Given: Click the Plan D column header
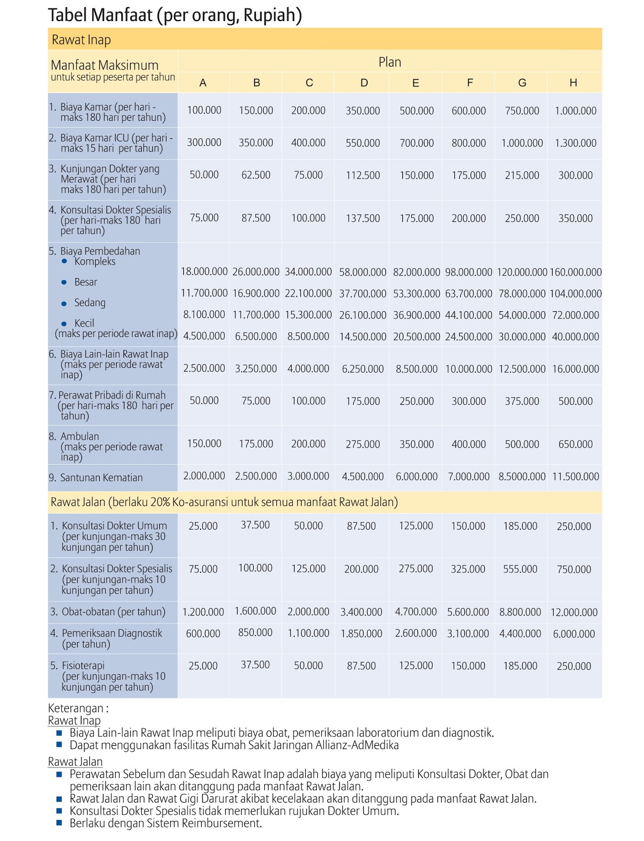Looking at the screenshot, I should coord(364,83).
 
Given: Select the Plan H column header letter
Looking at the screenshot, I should coord(573,83).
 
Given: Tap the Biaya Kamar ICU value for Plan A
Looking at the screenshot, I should coord(204,142).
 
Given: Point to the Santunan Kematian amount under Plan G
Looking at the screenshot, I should coord(522,477).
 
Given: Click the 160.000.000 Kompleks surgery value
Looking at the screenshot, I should coord(575,272).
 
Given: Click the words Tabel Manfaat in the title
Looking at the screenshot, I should coord(100,15).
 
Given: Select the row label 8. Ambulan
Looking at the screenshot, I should coord(79,437).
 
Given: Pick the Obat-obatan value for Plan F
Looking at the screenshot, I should coord(468,612).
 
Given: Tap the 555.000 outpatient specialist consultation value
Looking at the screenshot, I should coord(520,569).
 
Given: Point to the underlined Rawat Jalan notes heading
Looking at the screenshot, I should coord(75,762).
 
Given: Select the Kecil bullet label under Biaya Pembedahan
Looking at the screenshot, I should coord(84,323).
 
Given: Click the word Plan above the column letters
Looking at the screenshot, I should coord(389,62).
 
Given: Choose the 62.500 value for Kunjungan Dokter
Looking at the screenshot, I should coord(256,175).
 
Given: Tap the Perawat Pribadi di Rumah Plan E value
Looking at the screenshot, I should coord(417,401).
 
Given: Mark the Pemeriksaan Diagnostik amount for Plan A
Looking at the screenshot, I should coord(203,634).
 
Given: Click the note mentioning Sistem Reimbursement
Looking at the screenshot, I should coord(165,823).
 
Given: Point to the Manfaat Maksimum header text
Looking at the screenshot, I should coord(105,66).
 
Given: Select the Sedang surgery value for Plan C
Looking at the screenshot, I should coord(308,315).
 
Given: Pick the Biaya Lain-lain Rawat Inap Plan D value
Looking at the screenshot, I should coord(362,369).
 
